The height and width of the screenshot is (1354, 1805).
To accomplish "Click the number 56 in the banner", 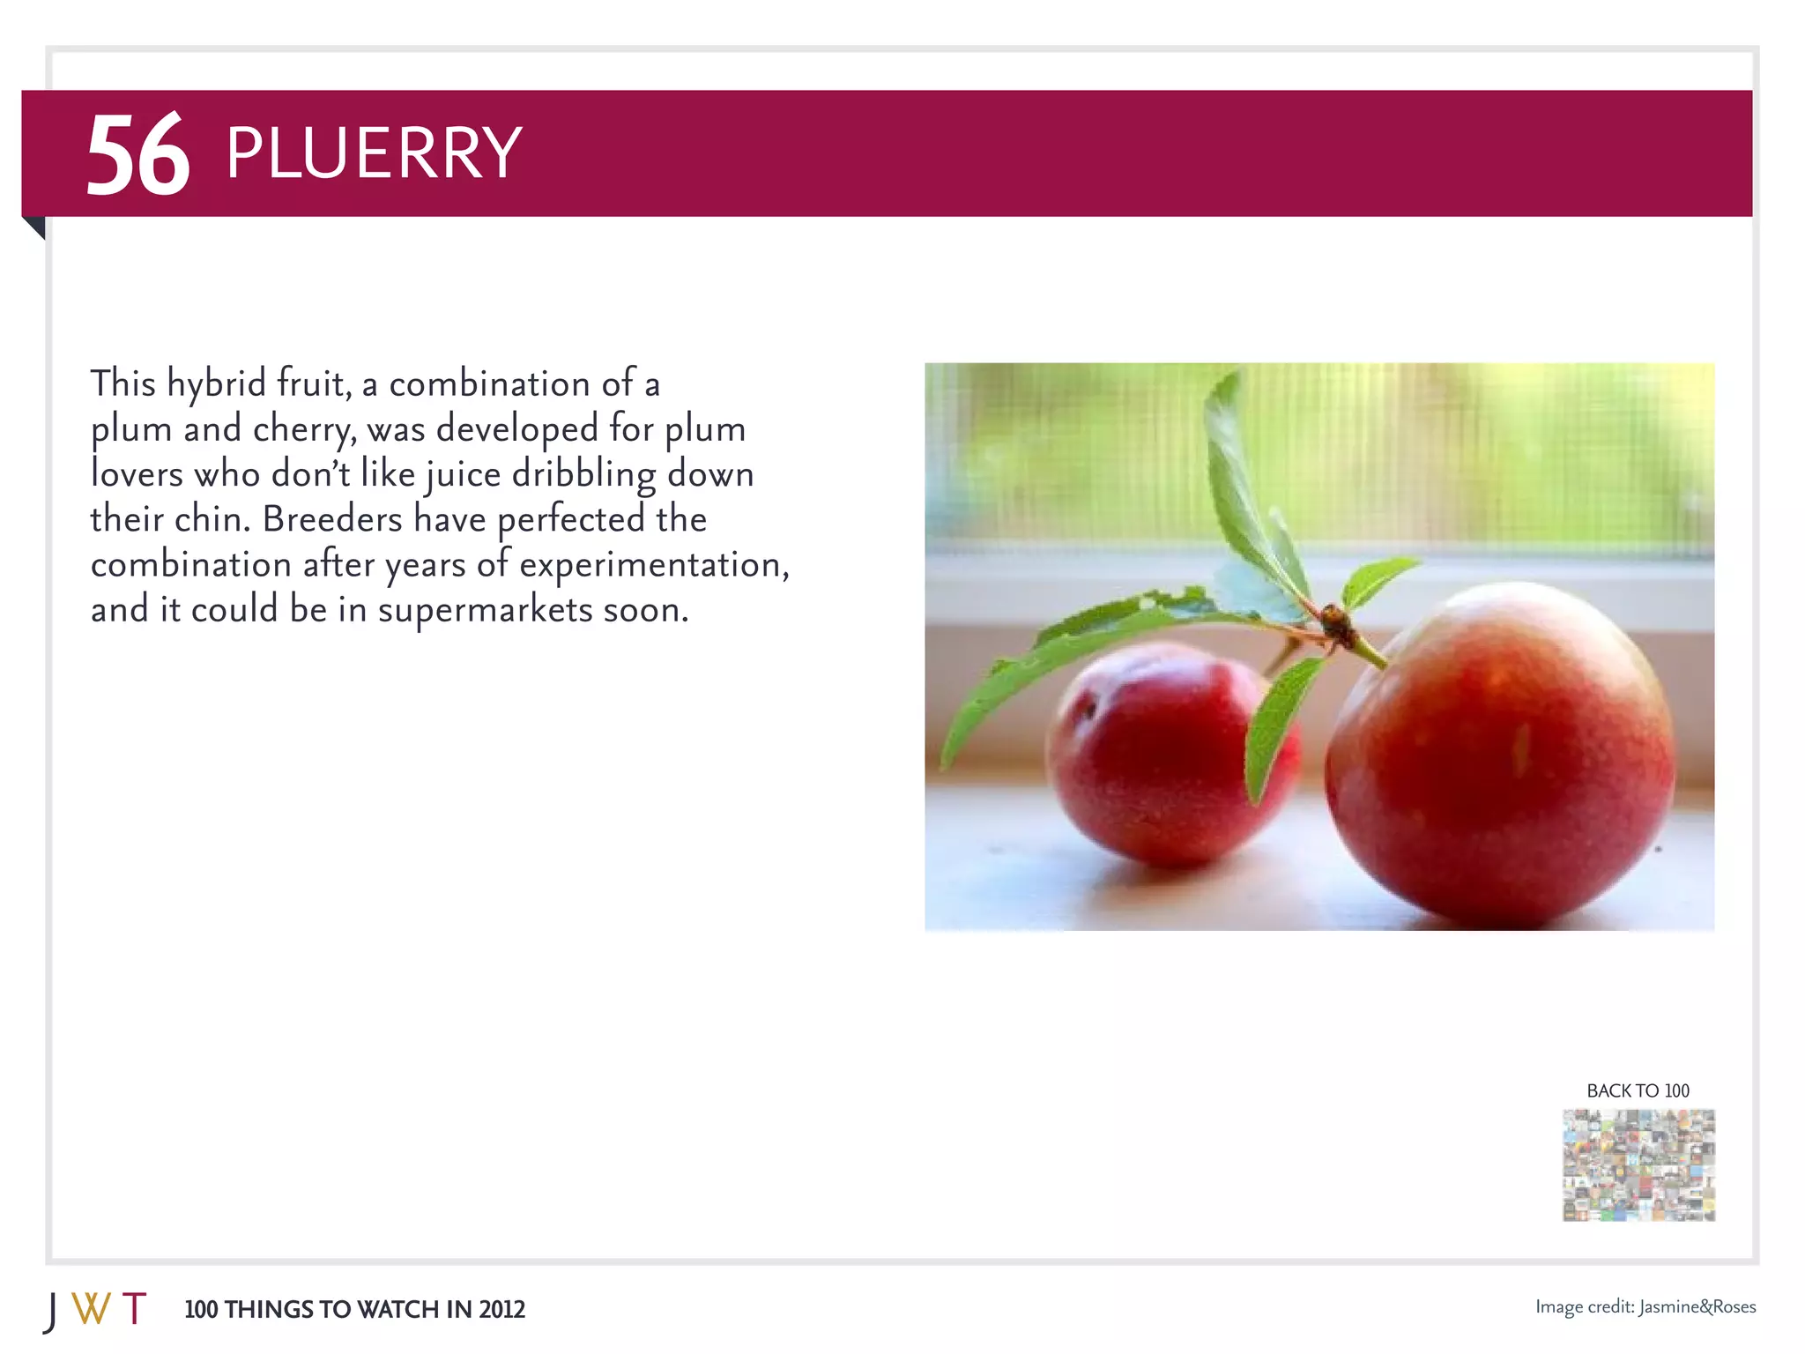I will (x=137, y=155).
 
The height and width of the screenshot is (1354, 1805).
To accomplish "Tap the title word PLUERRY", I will (x=374, y=153).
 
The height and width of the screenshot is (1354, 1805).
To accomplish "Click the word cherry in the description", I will (x=305, y=430).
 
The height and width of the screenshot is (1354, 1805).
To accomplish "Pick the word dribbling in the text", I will (x=583, y=475).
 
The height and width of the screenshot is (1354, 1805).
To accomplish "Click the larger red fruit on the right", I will (x=1498, y=758).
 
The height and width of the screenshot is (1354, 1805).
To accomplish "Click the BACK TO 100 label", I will (x=1638, y=1090).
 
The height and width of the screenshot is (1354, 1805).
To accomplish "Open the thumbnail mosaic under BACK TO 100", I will (x=1638, y=1164).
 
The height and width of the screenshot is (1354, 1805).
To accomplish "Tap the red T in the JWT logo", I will (x=134, y=1309).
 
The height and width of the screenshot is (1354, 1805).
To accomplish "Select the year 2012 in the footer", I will (x=501, y=1310).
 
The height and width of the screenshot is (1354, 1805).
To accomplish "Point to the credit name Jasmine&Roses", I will (x=1697, y=1306).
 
